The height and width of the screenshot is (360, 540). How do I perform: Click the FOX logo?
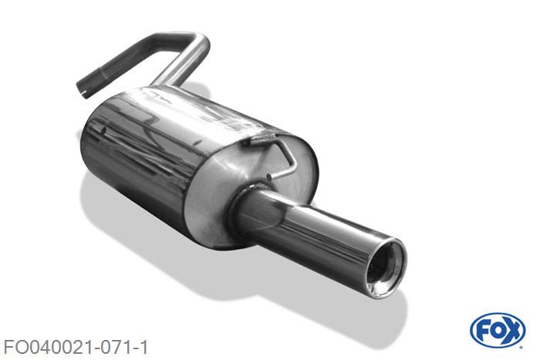(498, 331)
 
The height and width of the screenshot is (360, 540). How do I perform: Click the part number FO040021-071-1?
(76, 347)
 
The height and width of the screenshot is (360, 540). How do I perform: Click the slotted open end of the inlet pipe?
(83, 89)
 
